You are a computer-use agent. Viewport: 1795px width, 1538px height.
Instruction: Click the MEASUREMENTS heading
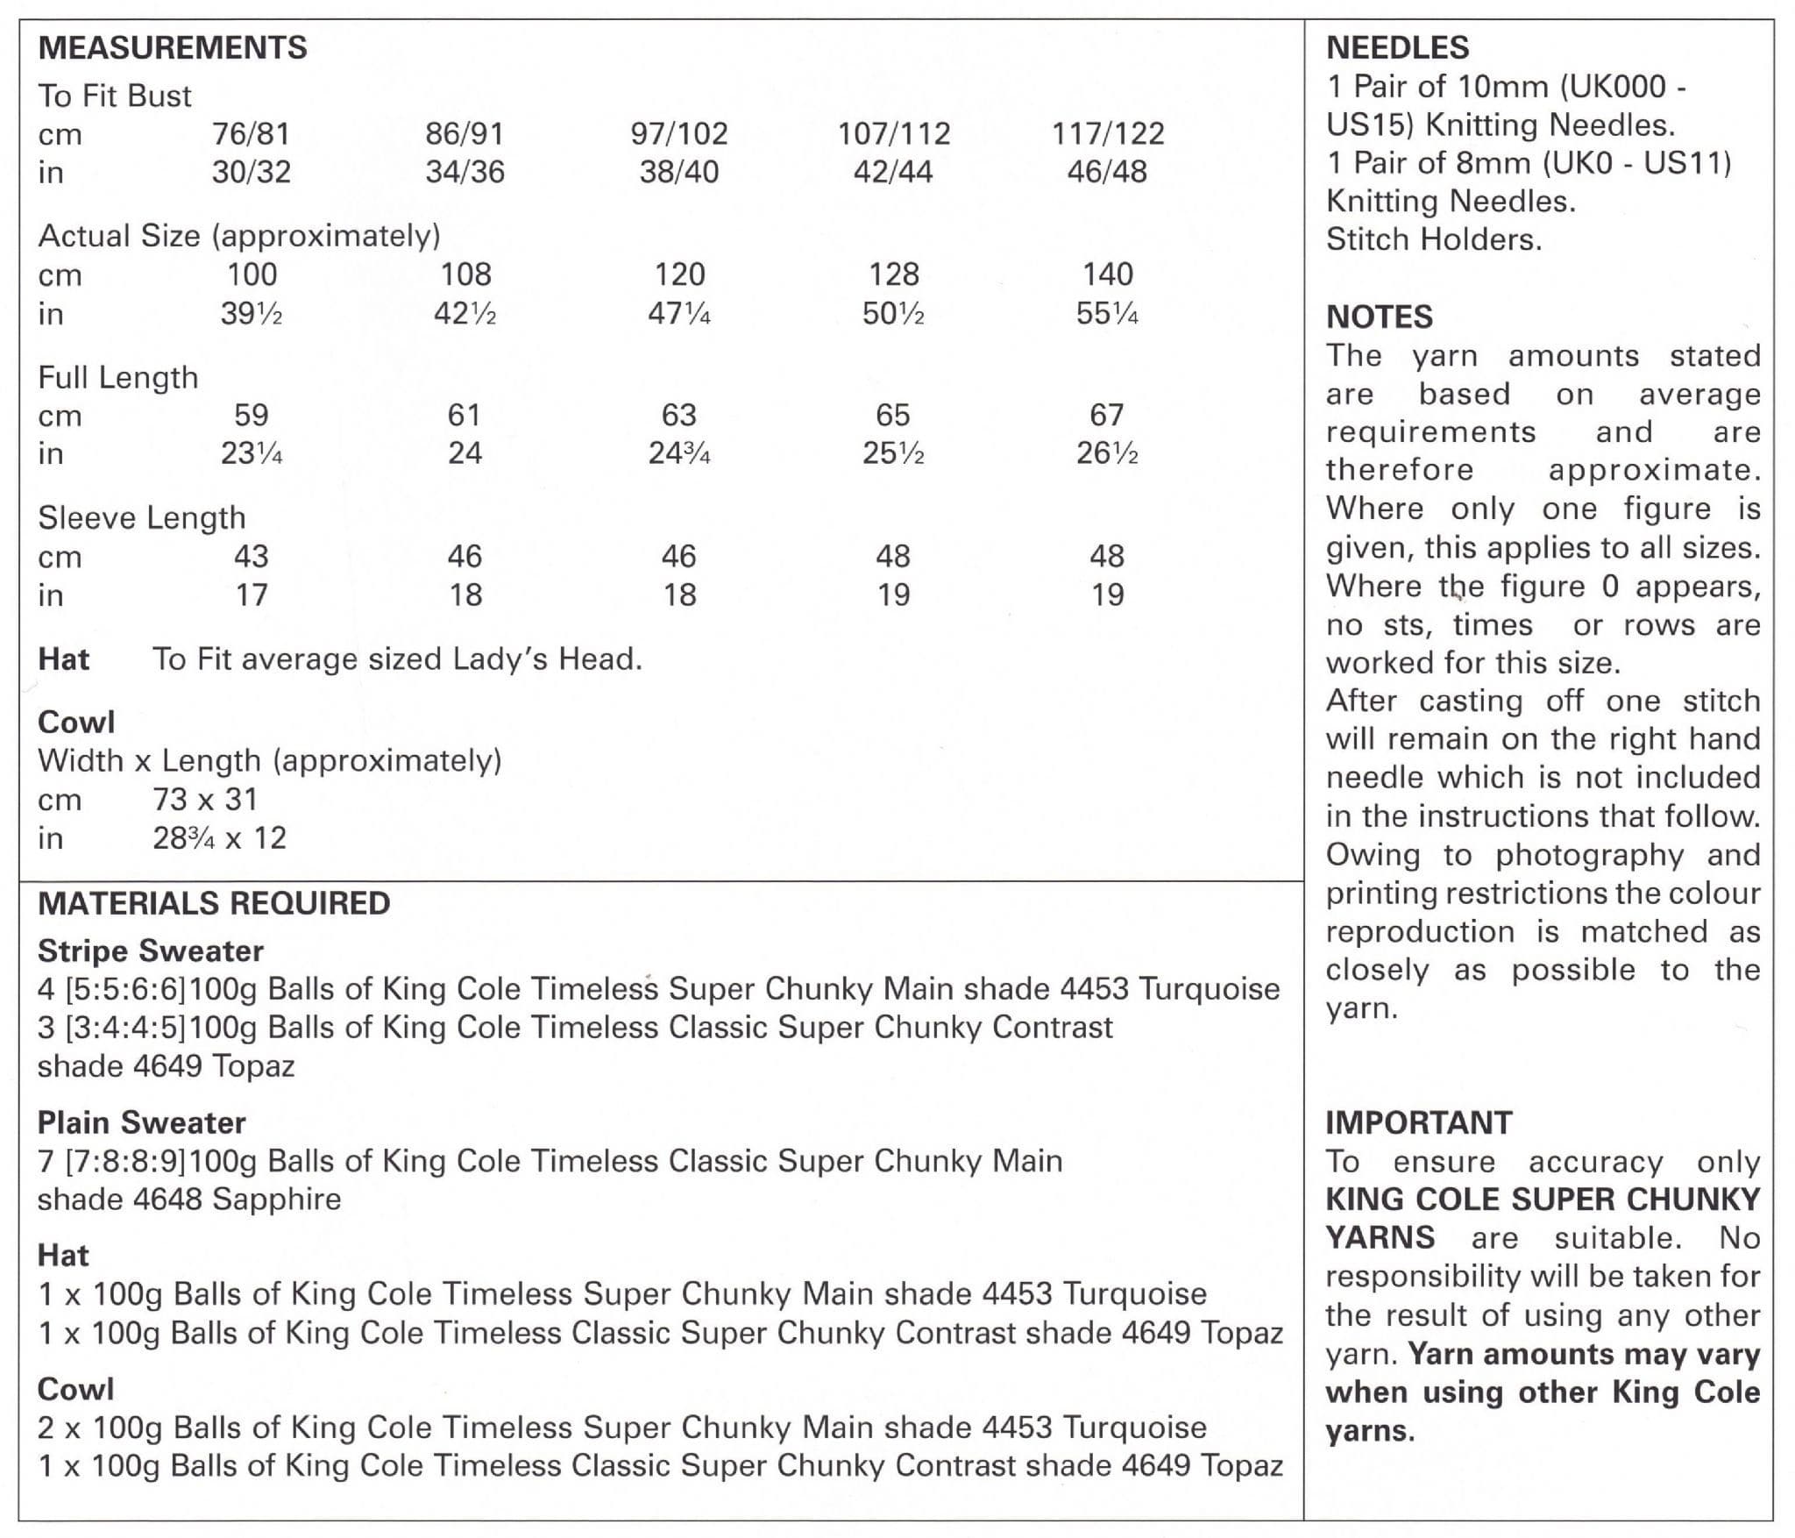pyautogui.click(x=173, y=47)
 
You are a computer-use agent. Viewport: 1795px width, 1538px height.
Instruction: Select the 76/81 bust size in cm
pyautogui.click(x=251, y=133)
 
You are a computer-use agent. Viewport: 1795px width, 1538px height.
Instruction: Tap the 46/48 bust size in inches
pyautogui.click(x=1106, y=172)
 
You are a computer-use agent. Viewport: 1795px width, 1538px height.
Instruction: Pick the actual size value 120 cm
pyautogui.click(x=679, y=274)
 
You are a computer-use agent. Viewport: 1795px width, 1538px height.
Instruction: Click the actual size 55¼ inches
pyautogui.click(x=1107, y=313)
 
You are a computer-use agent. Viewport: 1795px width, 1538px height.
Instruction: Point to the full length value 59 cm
pyautogui.click(x=252, y=415)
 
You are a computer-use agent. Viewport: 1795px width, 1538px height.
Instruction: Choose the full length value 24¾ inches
pyautogui.click(x=679, y=453)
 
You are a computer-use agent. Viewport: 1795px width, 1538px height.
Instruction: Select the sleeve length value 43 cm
pyautogui.click(x=252, y=556)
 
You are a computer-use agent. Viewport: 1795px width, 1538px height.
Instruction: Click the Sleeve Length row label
pyautogui.click(x=142, y=517)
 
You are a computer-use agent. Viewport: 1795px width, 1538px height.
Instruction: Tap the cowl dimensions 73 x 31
pyautogui.click(x=205, y=799)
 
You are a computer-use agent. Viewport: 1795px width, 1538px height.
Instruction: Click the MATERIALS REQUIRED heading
pyautogui.click(x=214, y=903)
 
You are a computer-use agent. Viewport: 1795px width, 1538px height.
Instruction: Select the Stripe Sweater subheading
pyautogui.click(x=150, y=951)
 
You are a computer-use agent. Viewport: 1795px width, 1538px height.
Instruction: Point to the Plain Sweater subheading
pyautogui.click(x=141, y=1122)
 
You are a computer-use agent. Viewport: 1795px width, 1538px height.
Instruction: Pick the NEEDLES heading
pyautogui.click(x=1397, y=47)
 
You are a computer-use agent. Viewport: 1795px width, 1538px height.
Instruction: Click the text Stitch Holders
pyautogui.click(x=1433, y=239)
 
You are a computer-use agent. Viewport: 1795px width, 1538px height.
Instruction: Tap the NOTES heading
pyautogui.click(x=1379, y=317)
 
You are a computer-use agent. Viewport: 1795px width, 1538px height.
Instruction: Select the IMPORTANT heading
pyautogui.click(x=1418, y=1122)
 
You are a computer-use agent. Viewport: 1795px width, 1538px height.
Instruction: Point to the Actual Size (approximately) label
pyautogui.click(x=239, y=236)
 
